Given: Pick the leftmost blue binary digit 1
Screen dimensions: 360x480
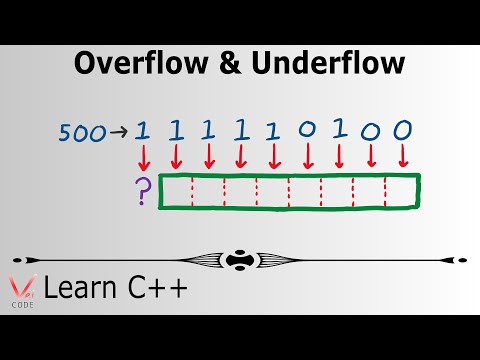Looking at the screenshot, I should point(142,130).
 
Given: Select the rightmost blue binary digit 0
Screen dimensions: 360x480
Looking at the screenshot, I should point(403,130).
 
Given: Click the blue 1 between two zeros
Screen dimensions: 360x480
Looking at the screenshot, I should point(338,130).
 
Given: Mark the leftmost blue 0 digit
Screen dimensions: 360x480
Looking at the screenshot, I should point(305,130).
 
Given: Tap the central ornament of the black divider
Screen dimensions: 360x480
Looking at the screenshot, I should point(240,258).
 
